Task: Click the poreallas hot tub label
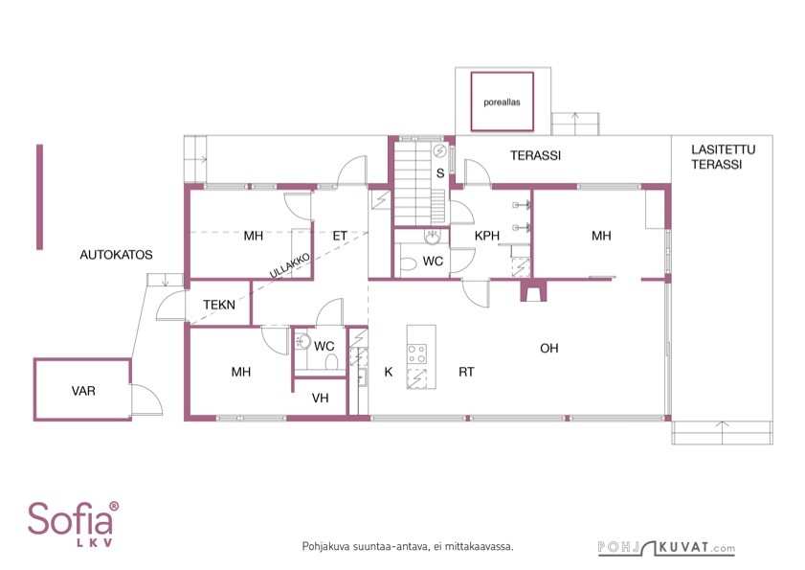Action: pyautogui.click(x=502, y=103)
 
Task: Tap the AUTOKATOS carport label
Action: pyautogui.click(x=116, y=255)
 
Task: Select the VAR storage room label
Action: pyautogui.click(x=83, y=391)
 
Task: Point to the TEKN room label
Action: pyautogui.click(x=219, y=305)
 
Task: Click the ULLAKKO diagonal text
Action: pyautogui.click(x=290, y=265)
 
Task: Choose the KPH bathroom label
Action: pyautogui.click(x=486, y=236)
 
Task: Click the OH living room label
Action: pyautogui.click(x=548, y=349)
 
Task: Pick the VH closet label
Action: pyautogui.click(x=320, y=398)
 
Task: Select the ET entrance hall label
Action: pyautogui.click(x=340, y=236)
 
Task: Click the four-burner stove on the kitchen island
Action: pyautogui.click(x=417, y=354)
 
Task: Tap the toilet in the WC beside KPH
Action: pyautogui.click(x=408, y=264)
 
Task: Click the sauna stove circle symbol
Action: pyautogui.click(x=440, y=151)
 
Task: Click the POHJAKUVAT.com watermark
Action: pyautogui.click(x=666, y=548)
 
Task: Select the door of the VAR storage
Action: pyautogui.click(x=146, y=399)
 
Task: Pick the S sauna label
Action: pyautogui.click(x=440, y=173)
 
